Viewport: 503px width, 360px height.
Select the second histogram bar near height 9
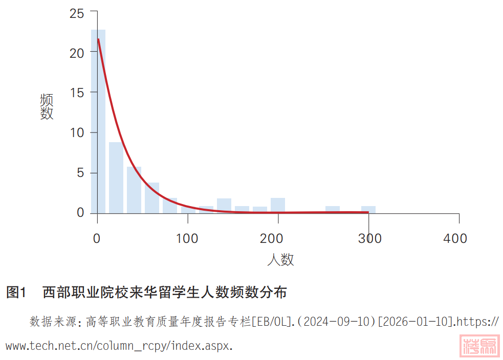[x=116, y=177]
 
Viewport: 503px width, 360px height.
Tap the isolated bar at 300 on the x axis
[x=368, y=209]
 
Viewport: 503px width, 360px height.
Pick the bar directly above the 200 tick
[x=278, y=205]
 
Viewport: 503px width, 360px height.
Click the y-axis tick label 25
[x=77, y=14]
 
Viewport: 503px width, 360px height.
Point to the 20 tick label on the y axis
[x=77, y=53]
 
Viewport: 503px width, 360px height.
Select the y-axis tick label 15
[x=77, y=93]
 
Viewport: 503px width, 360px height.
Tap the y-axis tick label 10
[x=77, y=133]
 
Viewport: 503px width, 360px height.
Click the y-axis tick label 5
[x=80, y=173]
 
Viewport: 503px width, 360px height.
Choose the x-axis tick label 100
[x=187, y=238]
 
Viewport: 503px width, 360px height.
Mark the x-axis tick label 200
[x=278, y=238]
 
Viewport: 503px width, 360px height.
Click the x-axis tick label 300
[x=368, y=238]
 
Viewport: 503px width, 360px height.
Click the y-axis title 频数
[x=47, y=106]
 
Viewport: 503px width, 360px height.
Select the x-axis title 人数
[x=280, y=260]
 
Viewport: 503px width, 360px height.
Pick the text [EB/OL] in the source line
[x=271, y=322]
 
